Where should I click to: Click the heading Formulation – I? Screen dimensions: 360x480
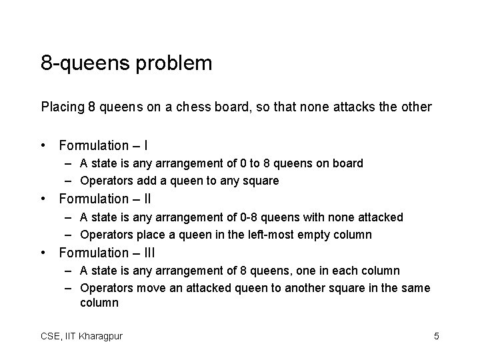point(103,145)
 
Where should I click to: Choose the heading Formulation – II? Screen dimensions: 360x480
point(105,199)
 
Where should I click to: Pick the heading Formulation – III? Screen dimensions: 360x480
point(107,253)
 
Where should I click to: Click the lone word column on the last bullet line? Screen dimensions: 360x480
point(99,303)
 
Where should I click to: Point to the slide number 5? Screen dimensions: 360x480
point(436,336)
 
